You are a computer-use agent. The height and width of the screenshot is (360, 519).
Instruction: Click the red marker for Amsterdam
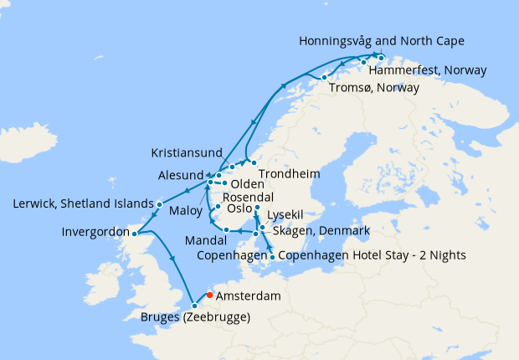point(208,294)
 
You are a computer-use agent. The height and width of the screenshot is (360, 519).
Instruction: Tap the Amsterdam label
point(248,297)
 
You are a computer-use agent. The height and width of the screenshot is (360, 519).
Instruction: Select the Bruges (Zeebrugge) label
point(193,317)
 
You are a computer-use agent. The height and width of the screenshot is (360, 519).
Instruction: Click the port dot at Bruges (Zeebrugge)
point(193,305)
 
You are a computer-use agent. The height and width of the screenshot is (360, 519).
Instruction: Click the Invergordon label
point(95,232)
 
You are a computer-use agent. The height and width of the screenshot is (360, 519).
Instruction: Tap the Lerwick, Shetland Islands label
point(84,204)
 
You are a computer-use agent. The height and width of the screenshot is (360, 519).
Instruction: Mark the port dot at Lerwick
point(159,203)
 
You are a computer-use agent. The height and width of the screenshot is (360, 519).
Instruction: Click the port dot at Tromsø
point(325,78)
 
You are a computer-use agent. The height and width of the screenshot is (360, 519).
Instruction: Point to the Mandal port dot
point(227,229)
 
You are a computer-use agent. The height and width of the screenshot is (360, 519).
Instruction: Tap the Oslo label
point(241,208)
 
